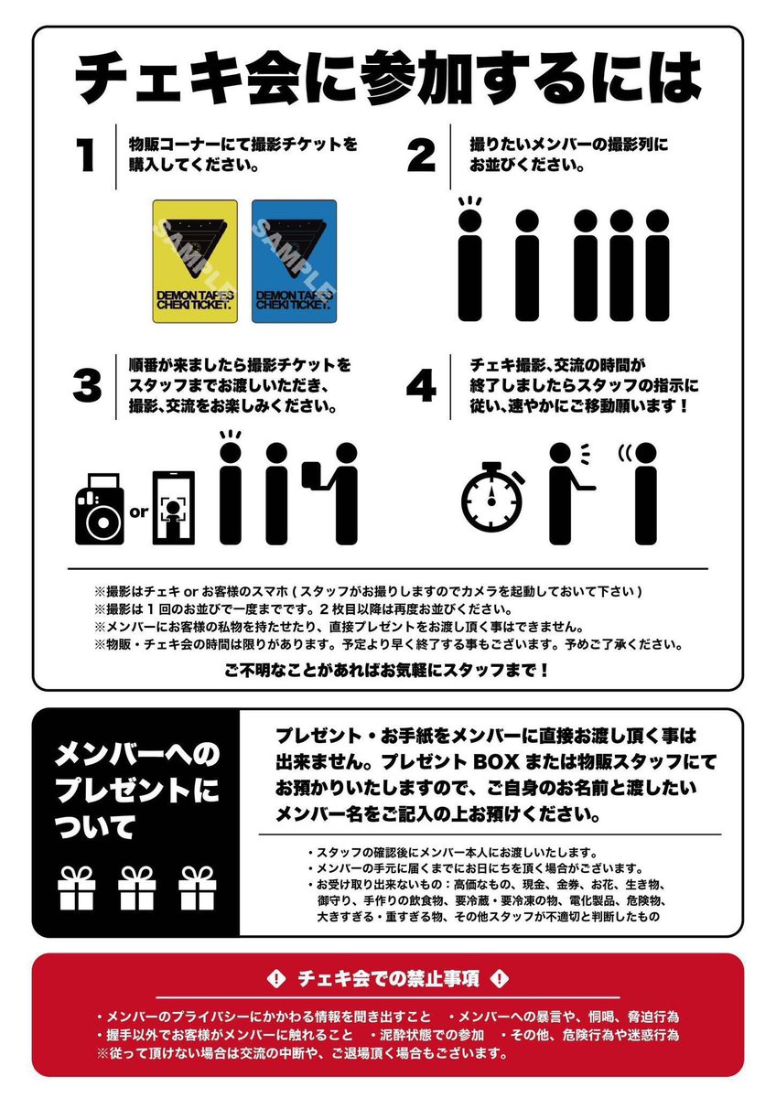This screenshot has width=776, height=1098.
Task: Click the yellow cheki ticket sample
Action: tap(195, 261)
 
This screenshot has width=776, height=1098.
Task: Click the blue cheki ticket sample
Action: tap(294, 261)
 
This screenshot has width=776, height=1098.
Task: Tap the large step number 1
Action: tap(86, 155)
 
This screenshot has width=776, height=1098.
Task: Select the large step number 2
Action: tap(421, 155)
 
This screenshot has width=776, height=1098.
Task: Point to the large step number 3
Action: tap(87, 386)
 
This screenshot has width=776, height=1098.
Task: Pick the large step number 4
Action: tap(422, 386)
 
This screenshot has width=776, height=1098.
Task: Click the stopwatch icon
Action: tap(490, 497)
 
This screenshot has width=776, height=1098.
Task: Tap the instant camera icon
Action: tap(100, 509)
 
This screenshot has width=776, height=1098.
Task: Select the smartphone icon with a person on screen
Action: tap(173, 508)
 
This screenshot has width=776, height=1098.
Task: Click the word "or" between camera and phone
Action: tap(139, 512)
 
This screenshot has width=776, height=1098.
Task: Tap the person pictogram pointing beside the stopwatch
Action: tap(566, 493)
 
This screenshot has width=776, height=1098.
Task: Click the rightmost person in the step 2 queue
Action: tap(657, 265)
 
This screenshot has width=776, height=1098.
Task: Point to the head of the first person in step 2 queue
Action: tap(470, 221)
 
